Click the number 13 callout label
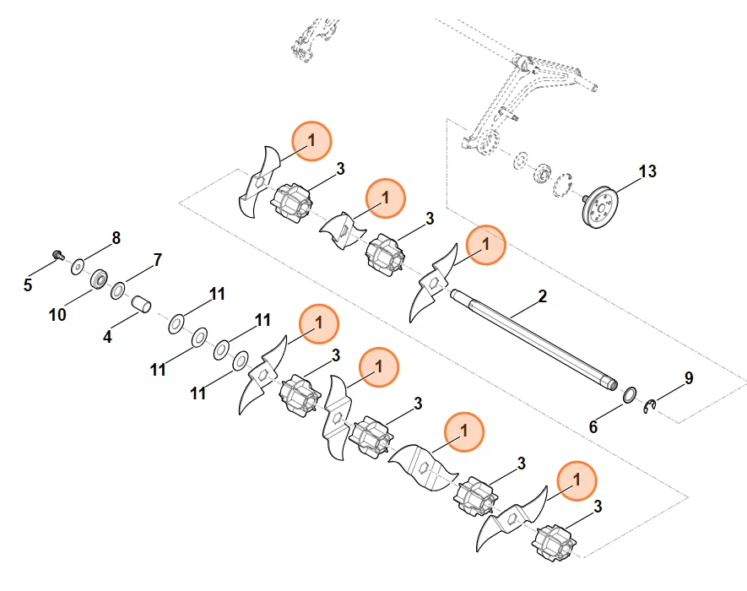point(647,171)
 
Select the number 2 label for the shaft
point(542,296)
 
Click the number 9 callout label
point(689,378)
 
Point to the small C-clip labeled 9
point(649,408)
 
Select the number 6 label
point(593,427)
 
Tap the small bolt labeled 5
point(57,254)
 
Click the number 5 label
point(28,285)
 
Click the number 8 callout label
point(116,238)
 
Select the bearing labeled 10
point(100,279)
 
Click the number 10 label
point(57,315)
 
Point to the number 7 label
point(157,259)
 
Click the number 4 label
point(107,336)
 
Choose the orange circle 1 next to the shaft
point(485,246)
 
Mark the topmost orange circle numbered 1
point(311,142)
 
